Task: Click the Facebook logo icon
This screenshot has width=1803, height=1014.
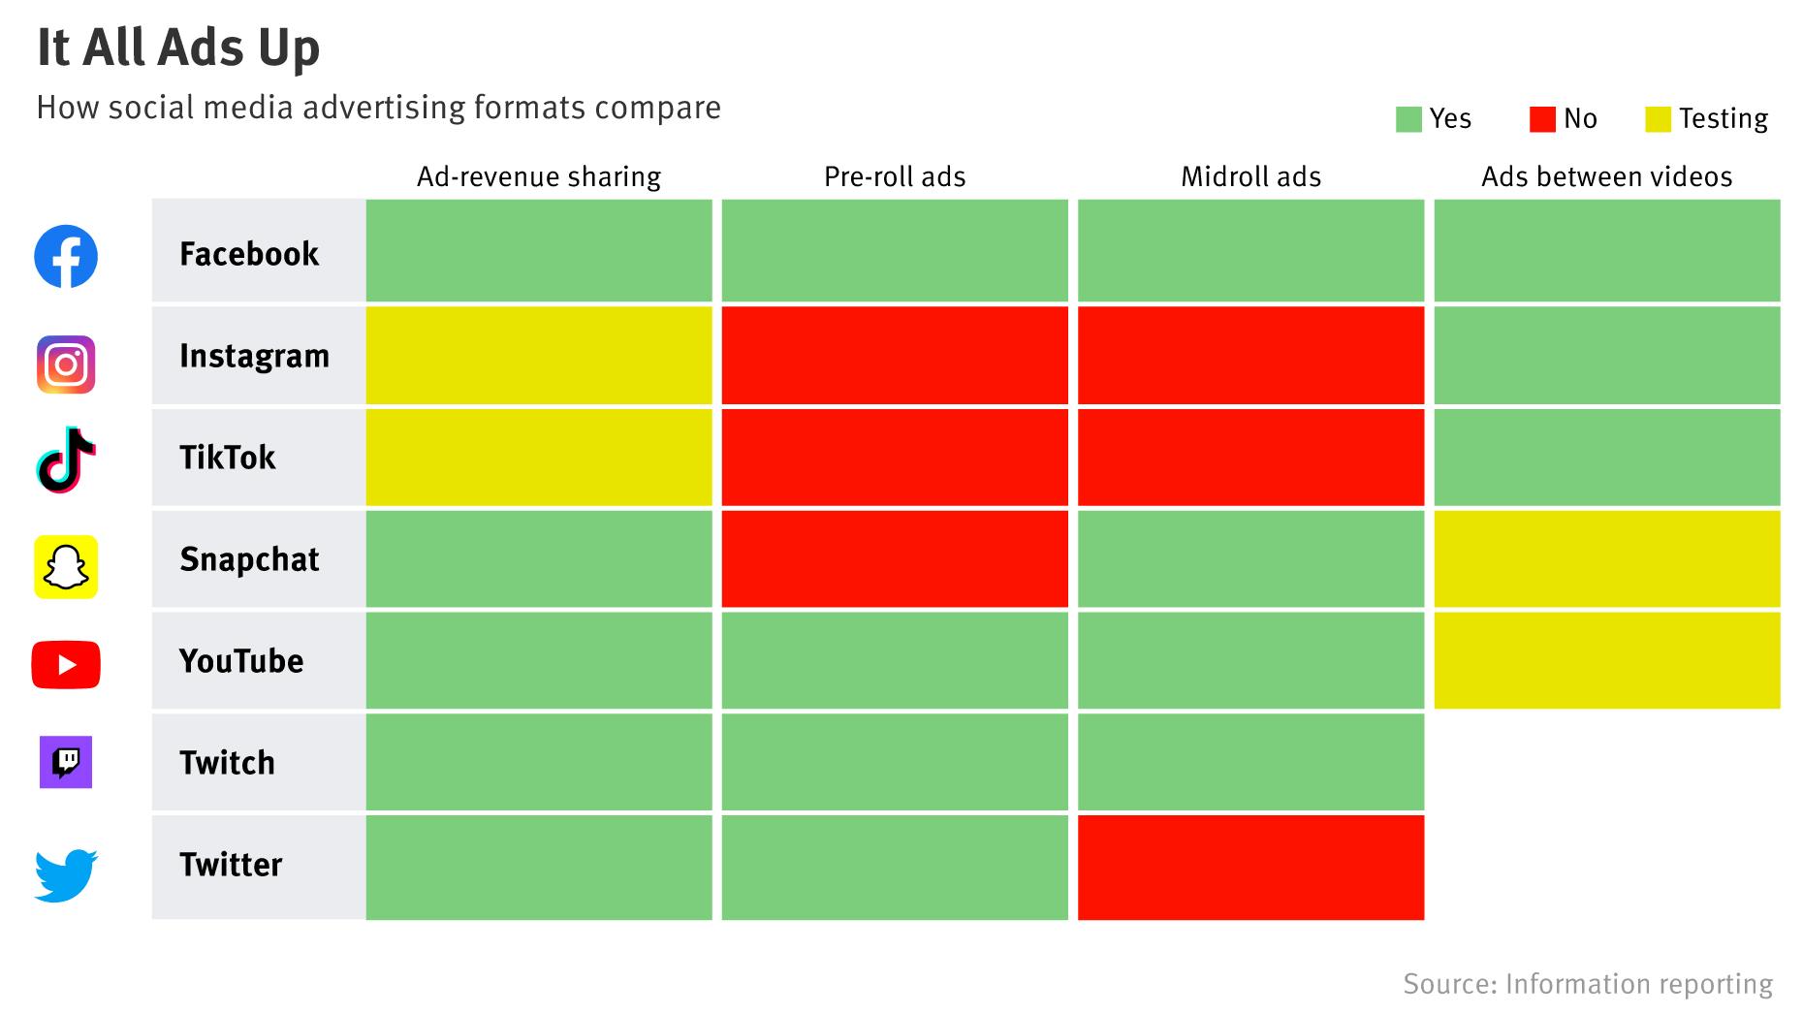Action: coord(66,256)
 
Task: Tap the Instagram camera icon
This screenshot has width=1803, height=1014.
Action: coord(66,364)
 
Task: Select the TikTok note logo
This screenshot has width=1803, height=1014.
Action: coord(66,459)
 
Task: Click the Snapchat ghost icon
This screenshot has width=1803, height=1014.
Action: coord(66,567)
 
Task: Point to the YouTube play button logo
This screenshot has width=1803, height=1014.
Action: coord(66,665)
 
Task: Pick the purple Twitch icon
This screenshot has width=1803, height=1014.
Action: coord(66,762)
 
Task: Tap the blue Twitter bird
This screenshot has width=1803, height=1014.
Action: coord(66,874)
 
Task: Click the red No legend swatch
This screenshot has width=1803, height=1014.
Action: coord(1541,119)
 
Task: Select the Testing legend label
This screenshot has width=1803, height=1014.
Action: coord(1723,119)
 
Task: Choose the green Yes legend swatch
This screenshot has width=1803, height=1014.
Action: coord(1408,119)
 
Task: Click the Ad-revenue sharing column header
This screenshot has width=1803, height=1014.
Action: coord(539,176)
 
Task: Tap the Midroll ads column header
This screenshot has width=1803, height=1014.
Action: coord(1250,176)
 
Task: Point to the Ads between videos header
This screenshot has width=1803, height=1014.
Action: coord(1606,176)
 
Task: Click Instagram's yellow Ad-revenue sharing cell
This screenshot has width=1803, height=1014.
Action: coord(539,356)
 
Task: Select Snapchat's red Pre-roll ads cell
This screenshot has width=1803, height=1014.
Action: coord(895,559)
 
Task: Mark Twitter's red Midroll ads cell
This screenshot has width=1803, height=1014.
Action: coord(1250,867)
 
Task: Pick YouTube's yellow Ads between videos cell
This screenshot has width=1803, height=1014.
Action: coord(1606,661)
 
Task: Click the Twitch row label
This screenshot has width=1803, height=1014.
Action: coord(228,763)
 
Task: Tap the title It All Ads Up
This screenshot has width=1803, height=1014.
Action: coord(178,48)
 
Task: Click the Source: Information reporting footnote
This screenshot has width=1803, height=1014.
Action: coord(1587,984)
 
